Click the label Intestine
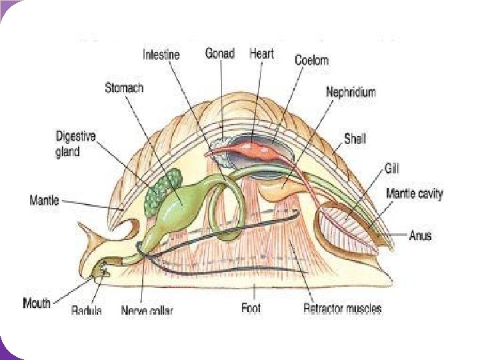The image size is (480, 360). point(161,55)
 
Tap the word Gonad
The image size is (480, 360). point(219,53)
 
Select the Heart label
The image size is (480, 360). point(261,53)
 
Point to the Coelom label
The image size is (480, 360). point(311,60)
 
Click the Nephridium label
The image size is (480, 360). point(350,91)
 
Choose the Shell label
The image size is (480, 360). point(355,139)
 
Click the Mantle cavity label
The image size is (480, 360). point(414,194)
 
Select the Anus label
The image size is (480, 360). point(420,235)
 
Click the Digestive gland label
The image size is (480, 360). point(75,143)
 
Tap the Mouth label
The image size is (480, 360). point(37,303)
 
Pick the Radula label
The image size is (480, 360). point(87,310)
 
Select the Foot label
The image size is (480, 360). point(251,308)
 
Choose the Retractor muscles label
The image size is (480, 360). point(342,309)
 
